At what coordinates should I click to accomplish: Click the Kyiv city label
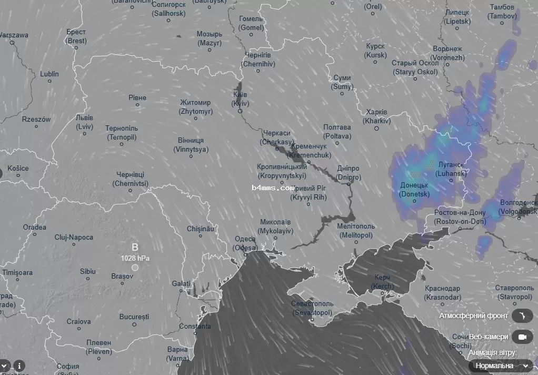[x=240, y=98]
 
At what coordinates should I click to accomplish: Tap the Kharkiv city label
[x=377, y=116]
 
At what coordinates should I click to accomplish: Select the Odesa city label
[x=246, y=243]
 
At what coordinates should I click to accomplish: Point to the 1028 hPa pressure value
[x=135, y=258]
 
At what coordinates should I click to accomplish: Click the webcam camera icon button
[x=522, y=337]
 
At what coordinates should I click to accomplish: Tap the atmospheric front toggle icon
[x=522, y=315]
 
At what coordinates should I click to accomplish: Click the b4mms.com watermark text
[x=273, y=187]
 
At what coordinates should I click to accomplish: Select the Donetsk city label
[x=414, y=190]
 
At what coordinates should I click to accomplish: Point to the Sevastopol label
[x=312, y=308]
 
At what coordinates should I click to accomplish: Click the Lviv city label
[x=84, y=122]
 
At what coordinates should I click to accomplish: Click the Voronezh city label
[x=447, y=53]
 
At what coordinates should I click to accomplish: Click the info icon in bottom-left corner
[x=19, y=365]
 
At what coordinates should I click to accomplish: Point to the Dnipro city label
[x=348, y=173]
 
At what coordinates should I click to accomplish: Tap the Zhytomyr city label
[x=196, y=107]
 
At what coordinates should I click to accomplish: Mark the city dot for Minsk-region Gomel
[x=251, y=35]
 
